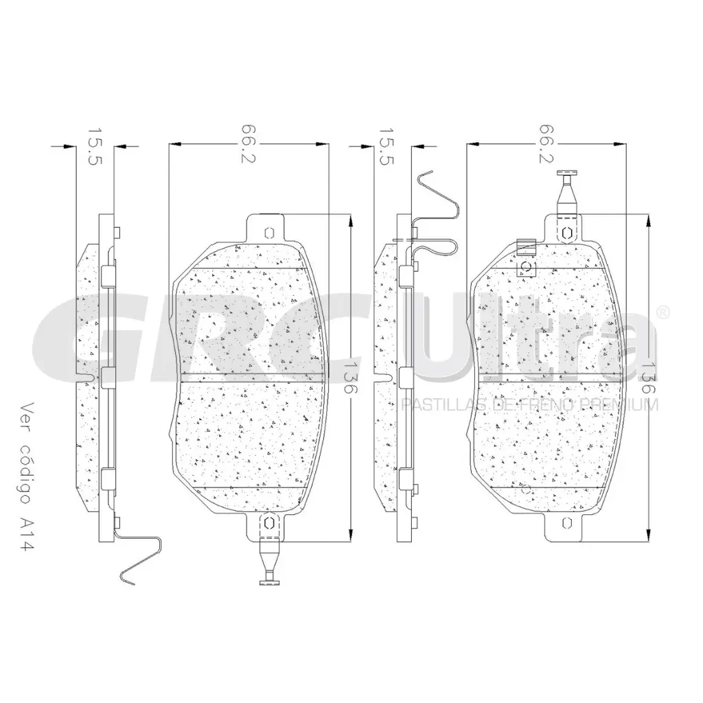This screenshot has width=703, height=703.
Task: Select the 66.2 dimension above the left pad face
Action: [x=249, y=144]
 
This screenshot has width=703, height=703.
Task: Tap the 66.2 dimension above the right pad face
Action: [x=546, y=144]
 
